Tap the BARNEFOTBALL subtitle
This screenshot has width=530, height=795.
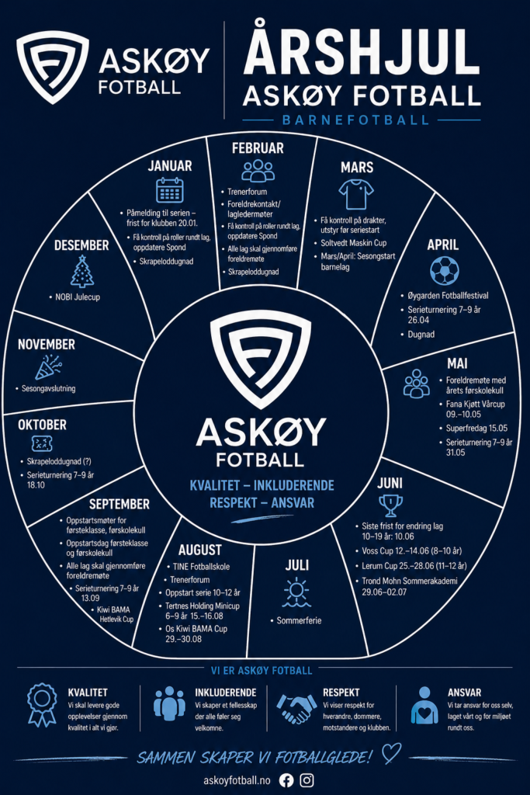click(356, 120)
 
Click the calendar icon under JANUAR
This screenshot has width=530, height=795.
click(169, 190)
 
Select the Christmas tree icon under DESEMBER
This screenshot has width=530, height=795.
click(81, 272)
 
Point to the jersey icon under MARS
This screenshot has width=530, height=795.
click(356, 193)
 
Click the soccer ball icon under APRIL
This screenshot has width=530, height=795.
click(444, 271)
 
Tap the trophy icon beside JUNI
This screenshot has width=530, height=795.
click(390, 505)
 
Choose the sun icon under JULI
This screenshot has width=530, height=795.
click(296, 592)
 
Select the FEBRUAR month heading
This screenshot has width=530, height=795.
click(258, 148)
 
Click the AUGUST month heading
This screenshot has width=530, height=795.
click(199, 550)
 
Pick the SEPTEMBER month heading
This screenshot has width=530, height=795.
click(119, 504)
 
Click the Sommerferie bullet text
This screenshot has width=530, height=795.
click(300, 621)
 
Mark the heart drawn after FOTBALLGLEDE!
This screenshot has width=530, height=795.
click(392, 753)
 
